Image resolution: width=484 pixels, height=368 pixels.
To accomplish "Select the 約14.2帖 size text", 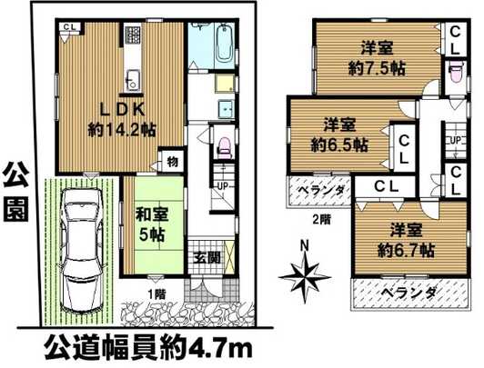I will [x=121, y=130].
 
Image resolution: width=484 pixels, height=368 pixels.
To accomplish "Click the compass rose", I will [x=305, y=273].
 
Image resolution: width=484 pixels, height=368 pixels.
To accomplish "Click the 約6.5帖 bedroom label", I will [x=338, y=134].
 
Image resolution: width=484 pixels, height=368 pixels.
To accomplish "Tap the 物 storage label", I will [x=171, y=163].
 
